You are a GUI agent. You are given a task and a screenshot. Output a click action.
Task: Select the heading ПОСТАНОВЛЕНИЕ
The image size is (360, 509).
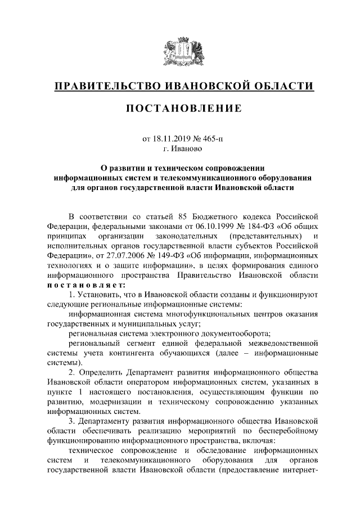(180, 108)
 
